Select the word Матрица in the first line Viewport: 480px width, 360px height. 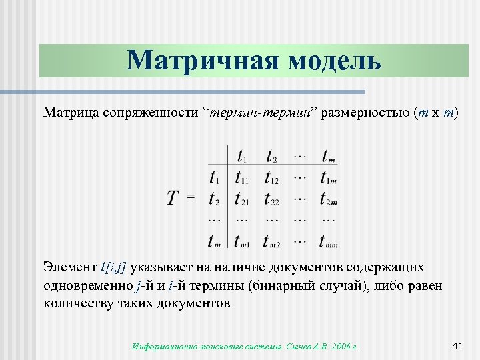pyautogui.click(x=71, y=111)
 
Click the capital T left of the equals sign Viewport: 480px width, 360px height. pyautogui.click(x=173, y=197)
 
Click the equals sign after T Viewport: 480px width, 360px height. pyautogui.click(x=191, y=197)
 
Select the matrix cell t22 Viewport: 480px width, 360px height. pyautogui.click(x=272, y=199)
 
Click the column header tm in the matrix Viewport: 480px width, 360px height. pyautogui.click(x=328, y=157)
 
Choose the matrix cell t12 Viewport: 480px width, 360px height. pyautogui.click(x=272, y=178)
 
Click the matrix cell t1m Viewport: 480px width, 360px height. pyautogui.click(x=329, y=178)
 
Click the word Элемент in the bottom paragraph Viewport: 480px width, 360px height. pyautogui.click(x=70, y=267)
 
